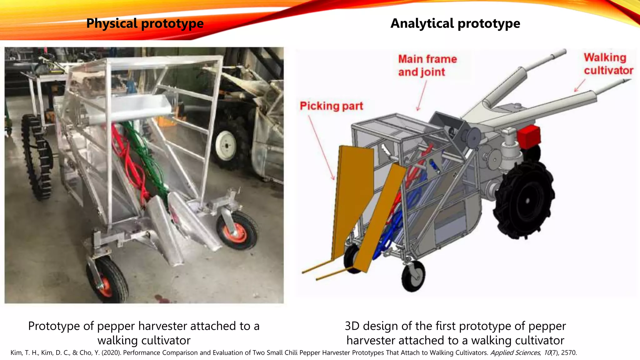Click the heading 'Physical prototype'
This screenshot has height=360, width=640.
tap(145, 23)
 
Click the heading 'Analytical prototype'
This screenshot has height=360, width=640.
tap(455, 23)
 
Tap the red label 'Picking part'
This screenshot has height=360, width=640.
tap(331, 106)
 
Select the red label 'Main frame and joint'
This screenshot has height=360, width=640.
tap(427, 65)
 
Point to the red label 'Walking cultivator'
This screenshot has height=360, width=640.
tap(608, 64)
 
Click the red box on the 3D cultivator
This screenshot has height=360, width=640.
tap(528, 137)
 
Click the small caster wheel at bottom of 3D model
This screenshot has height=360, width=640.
tap(413, 276)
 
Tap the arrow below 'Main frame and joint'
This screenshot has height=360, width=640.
tap(422, 95)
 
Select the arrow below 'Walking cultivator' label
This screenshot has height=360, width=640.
tap(580, 85)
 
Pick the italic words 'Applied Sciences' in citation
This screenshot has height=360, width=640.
tap(515, 353)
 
